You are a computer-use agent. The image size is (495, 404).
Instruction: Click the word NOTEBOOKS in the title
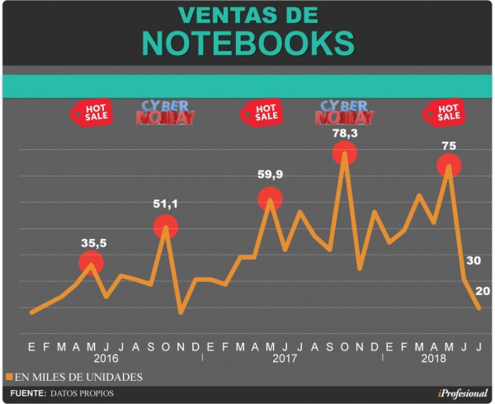[x=247, y=44]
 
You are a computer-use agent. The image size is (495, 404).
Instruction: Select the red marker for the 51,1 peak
[x=166, y=226]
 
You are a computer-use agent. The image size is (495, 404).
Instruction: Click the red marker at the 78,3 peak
[x=345, y=153]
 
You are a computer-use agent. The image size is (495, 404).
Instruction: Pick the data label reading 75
[x=449, y=145]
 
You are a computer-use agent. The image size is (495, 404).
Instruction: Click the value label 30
[x=474, y=261]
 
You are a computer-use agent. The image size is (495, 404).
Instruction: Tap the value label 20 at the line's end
[x=483, y=290]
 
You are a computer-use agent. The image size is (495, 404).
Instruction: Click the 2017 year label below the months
[x=285, y=359]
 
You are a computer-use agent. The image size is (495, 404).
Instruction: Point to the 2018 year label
[x=434, y=359]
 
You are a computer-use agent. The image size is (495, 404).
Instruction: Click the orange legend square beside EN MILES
[x=10, y=377]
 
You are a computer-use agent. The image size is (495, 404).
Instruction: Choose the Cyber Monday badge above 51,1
[x=166, y=113]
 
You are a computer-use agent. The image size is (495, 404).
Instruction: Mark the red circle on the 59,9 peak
[x=270, y=199]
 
